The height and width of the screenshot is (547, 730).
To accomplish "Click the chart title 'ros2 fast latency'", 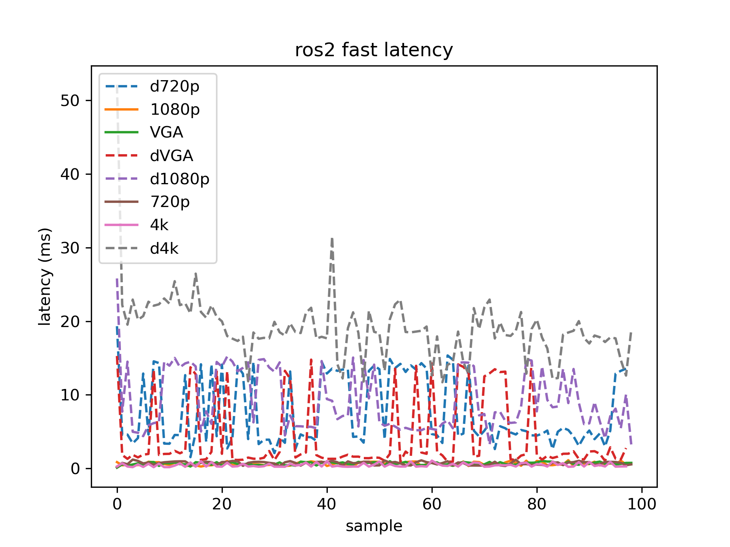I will [x=374, y=50].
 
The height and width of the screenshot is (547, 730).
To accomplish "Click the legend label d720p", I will [x=175, y=87].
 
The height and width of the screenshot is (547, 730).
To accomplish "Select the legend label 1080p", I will [x=175, y=110].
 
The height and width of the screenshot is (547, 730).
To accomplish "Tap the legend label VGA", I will [x=167, y=133].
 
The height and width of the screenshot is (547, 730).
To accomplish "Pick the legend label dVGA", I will [x=171, y=156].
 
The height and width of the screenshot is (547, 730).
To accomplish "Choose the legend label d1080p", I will [x=179, y=179].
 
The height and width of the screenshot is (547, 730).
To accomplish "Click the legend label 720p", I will [x=170, y=202].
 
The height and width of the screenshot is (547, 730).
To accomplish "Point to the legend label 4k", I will [x=159, y=225].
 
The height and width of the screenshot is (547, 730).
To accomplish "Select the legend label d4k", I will [x=164, y=249].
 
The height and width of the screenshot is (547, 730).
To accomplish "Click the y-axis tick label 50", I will [x=70, y=101].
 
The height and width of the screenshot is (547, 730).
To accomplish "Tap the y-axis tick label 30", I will [x=70, y=248].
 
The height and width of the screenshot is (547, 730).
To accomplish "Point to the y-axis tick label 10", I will [x=70, y=395].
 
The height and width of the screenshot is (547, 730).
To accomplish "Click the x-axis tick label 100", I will [x=642, y=504].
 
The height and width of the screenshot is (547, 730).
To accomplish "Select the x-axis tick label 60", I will [x=432, y=504].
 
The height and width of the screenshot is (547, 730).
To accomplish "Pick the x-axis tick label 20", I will [x=222, y=504].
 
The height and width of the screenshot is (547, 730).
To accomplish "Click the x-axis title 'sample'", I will [x=374, y=526].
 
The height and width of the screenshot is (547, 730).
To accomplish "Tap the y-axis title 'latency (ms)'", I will [x=45, y=277].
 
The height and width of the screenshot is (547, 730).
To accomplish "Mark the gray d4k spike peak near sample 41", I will [x=332, y=239].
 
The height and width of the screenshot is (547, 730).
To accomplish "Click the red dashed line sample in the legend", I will [x=122, y=155].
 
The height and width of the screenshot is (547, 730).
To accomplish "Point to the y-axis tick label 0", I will [x=75, y=469].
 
